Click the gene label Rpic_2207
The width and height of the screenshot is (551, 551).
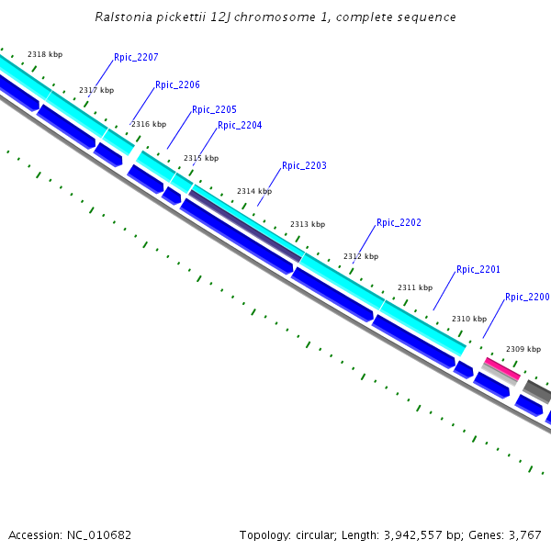click(136, 57)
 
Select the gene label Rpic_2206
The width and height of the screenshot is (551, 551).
click(177, 84)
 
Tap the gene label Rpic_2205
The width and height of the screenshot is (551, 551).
click(214, 109)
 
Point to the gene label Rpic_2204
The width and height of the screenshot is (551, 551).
click(240, 125)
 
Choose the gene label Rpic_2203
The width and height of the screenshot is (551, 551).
click(304, 165)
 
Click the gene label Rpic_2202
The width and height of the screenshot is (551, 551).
click(399, 222)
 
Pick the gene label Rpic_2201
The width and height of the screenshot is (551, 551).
click(478, 269)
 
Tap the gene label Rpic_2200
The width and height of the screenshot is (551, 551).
click(527, 297)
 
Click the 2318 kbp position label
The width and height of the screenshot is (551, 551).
click(45, 55)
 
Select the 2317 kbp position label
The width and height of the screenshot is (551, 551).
click(96, 90)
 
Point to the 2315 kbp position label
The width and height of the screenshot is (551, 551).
click(201, 158)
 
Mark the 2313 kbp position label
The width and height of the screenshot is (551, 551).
click(308, 224)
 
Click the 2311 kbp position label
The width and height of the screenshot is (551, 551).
click(414, 287)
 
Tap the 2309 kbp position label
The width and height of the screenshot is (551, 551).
click(523, 349)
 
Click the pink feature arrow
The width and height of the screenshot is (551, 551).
click(501, 368)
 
